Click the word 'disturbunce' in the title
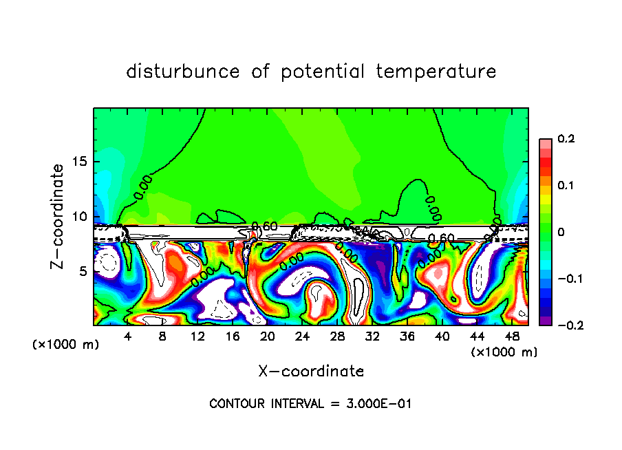[182, 72]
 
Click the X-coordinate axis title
[311, 372]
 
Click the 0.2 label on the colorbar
[565, 139]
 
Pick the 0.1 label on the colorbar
[565, 186]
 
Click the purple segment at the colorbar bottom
[545, 321]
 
